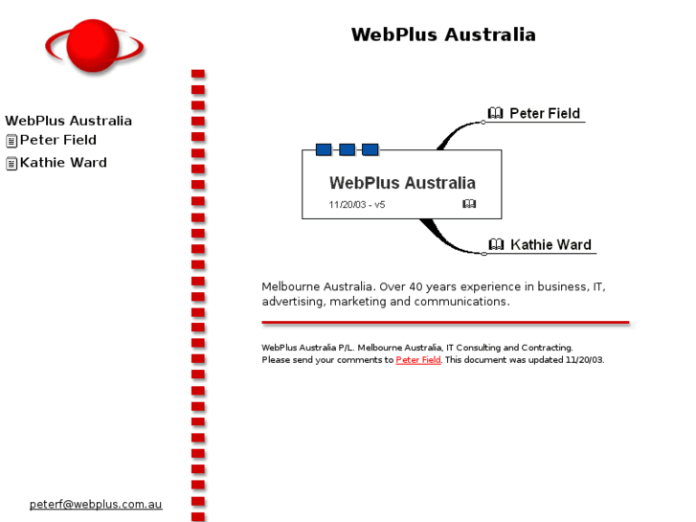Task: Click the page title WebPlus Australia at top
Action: pyautogui.click(x=443, y=34)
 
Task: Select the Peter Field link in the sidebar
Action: pyautogui.click(x=58, y=140)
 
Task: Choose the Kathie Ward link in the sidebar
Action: pyautogui.click(x=63, y=163)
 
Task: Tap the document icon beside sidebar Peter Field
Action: pyautogui.click(x=11, y=141)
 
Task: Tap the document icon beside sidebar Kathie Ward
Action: pyautogui.click(x=11, y=164)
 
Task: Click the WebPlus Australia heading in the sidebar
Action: pyautogui.click(x=69, y=121)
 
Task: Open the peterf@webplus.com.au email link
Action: pyautogui.click(x=96, y=504)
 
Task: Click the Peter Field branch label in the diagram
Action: pyautogui.click(x=545, y=113)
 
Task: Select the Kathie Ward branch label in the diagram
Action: pyautogui.click(x=550, y=244)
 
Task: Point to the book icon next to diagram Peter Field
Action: pyautogui.click(x=495, y=113)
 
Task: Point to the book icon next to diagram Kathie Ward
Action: pyautogui.click(x=496, y=244)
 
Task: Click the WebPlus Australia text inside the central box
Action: pyautogui.click(x=402, y=182)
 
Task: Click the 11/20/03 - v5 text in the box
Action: pyautogui.click(x=357, y=204)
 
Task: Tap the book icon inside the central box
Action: pyautogui.click(x=469, y=204)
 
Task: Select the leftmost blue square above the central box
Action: pyautogui.click(x=324, y=149)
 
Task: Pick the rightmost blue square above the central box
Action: pyautogui.click(x=370, y=149)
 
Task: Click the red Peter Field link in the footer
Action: pyautogui.click(x=418, y=360)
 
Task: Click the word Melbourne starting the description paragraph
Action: pyautogui.click(x=290, y=286)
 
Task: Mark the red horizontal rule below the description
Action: pyautogui.click(x=445, y=323)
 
